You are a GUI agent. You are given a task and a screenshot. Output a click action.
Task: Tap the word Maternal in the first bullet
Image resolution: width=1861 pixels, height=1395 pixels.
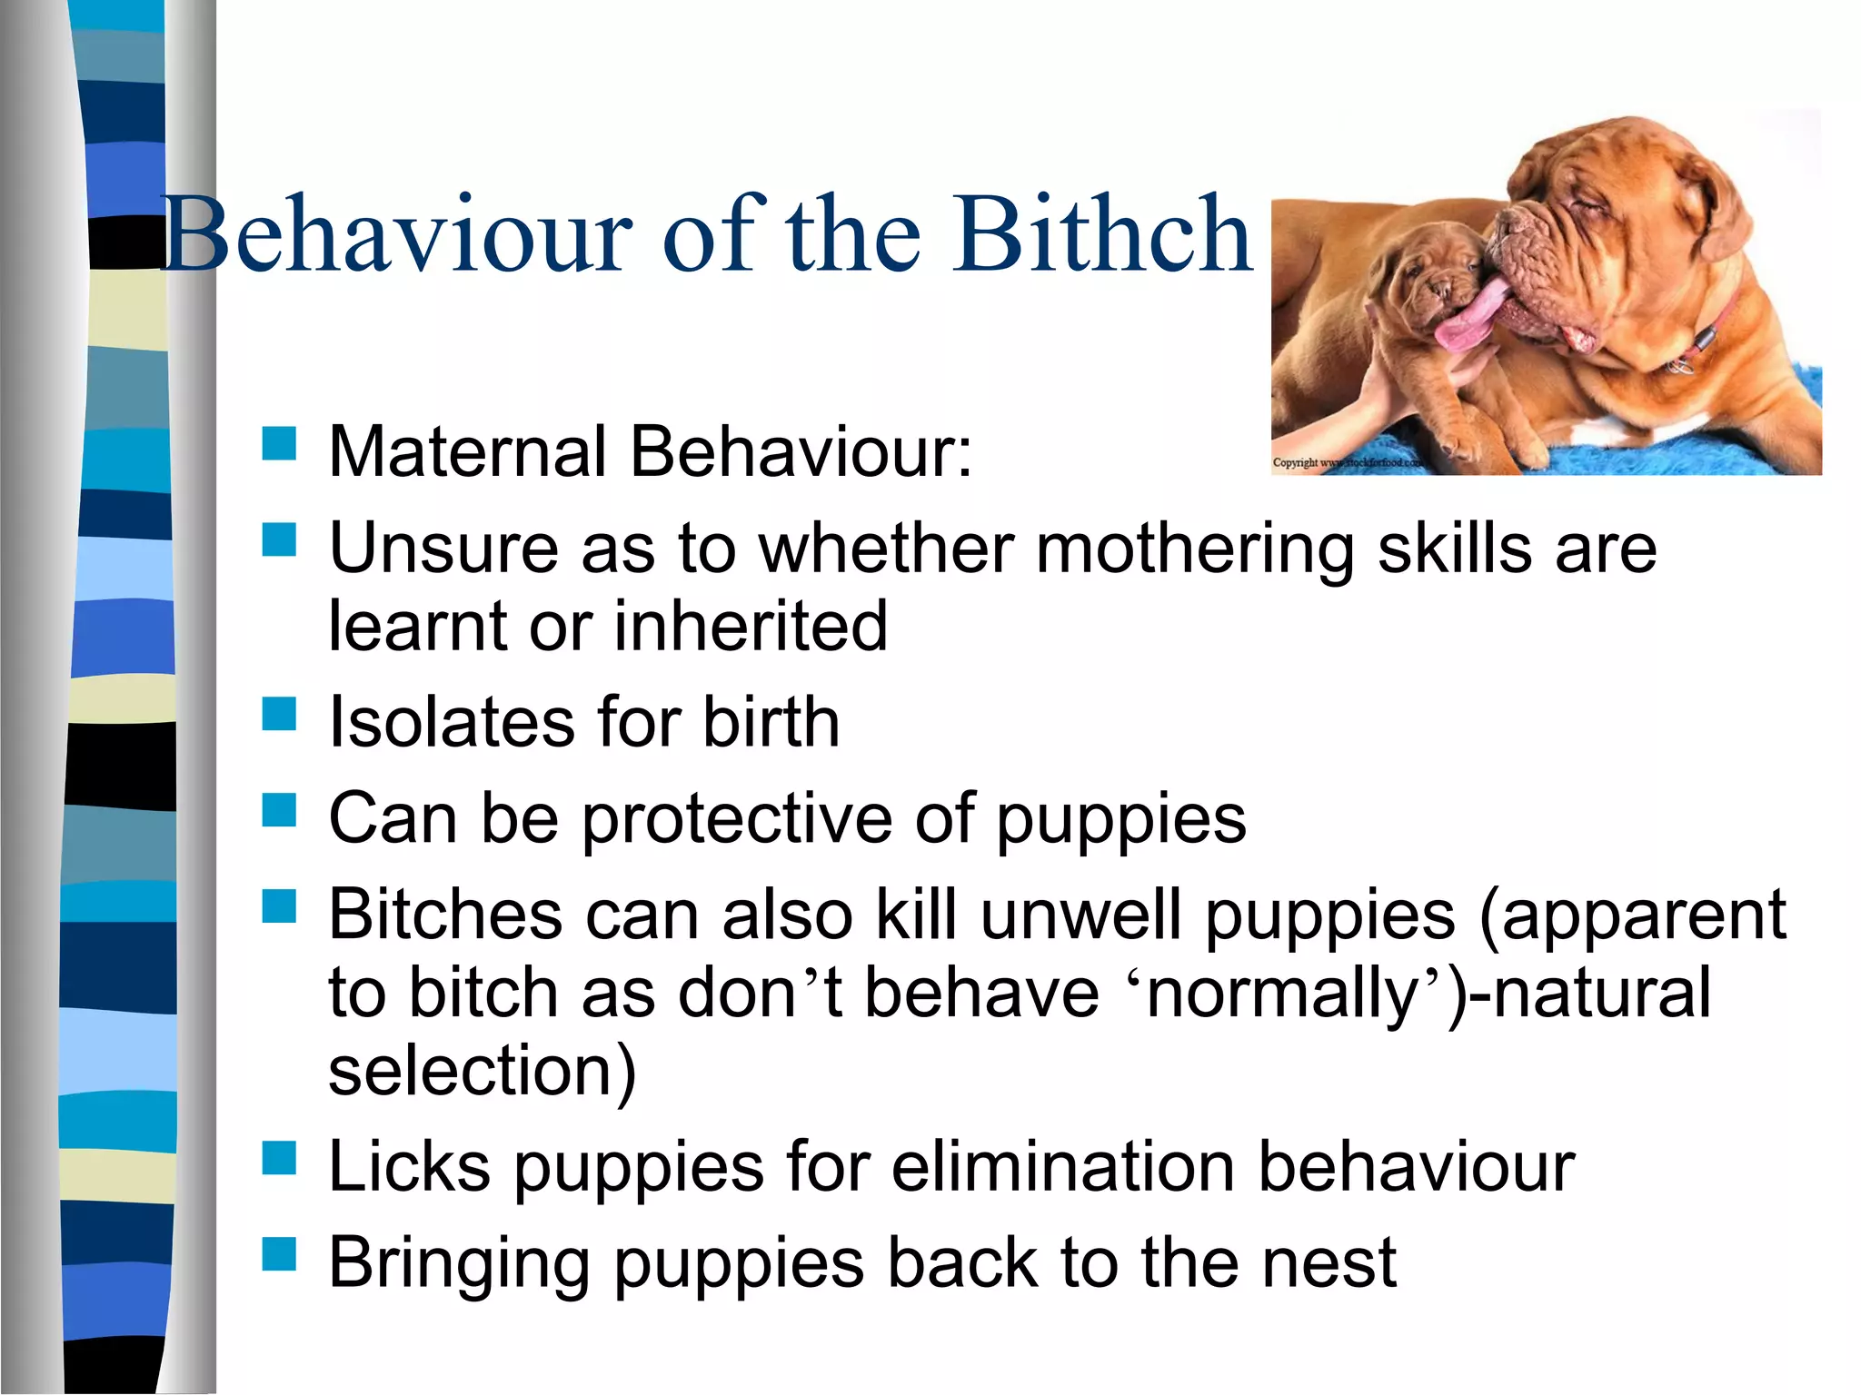pyautogui.click(x=466, y=451)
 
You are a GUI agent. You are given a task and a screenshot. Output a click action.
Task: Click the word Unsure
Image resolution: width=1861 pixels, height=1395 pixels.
pyautogui.click(x=443, y=549)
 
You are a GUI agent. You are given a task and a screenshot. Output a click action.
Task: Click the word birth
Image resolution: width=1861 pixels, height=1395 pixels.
pyautogui.click(x=771, y=723)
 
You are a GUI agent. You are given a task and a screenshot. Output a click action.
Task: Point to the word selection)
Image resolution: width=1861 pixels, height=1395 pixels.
pyautogui.click(x=483, y=1072)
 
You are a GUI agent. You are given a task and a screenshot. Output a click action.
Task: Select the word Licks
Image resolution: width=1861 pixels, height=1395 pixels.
pyautogui.click(x=410, y=1167)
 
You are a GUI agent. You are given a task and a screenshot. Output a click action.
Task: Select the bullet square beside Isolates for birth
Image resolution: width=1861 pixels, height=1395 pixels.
pyautogui.click(x=280, y=714)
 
